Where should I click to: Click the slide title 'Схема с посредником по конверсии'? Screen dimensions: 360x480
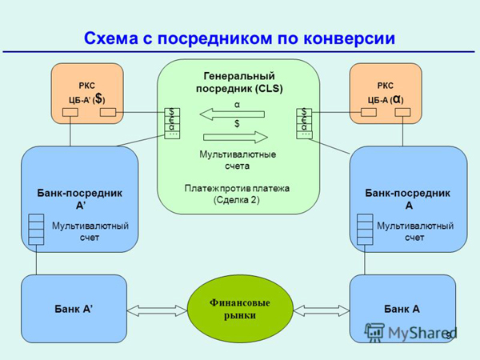click(239, 38)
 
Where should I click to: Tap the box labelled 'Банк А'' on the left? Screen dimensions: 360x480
click(74, 308)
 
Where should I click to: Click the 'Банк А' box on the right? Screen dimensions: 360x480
click(402, 308)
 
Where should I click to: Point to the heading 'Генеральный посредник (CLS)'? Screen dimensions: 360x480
click(238, 81)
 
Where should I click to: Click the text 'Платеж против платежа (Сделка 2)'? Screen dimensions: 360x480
click(237, 194)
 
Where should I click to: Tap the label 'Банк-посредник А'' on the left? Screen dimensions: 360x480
click(79, 198)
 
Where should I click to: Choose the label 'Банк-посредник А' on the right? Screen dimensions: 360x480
click(407, 198)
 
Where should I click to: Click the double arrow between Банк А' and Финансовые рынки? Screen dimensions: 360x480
click(157, 309)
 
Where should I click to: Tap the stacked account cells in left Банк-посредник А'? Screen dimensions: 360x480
click(36, 229)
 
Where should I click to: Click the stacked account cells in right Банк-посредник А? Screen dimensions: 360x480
click(365, 229)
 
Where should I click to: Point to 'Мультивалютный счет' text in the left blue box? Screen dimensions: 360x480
click(90, 231)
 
